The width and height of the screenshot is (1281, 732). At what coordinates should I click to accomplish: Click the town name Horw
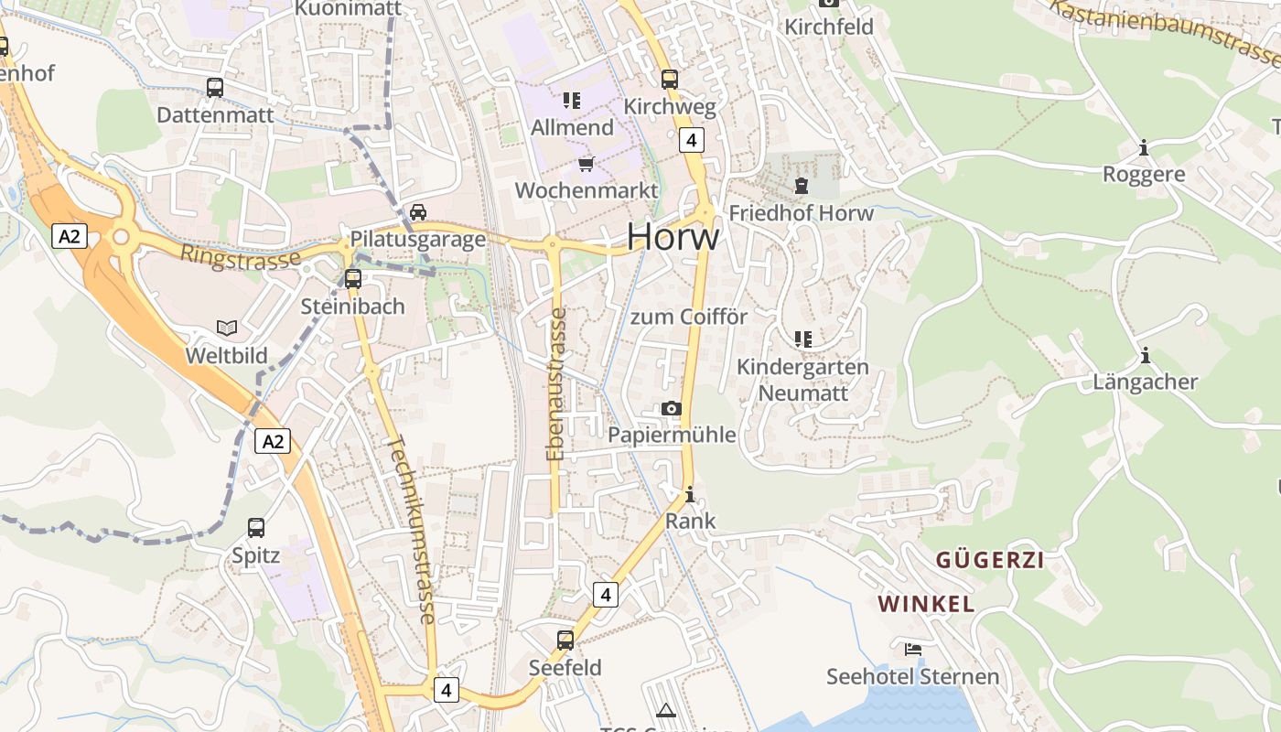673,237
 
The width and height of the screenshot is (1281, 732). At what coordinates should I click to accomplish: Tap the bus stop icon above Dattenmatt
215,88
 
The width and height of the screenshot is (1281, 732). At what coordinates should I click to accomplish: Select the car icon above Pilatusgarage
418,212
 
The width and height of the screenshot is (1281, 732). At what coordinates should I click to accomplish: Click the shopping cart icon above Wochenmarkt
587,164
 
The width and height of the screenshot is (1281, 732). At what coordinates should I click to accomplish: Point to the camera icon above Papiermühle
672,408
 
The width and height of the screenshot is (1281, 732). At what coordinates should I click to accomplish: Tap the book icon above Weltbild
227,328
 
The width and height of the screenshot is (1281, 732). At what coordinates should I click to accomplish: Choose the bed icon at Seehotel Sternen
913,650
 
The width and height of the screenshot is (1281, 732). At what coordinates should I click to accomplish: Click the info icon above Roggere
1144,147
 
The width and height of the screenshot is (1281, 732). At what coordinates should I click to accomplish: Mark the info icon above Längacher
1145,355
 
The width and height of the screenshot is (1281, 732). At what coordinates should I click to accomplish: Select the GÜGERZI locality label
990,560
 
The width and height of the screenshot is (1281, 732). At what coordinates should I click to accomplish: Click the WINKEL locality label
926,604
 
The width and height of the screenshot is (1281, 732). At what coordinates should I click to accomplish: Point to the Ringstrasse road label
241,256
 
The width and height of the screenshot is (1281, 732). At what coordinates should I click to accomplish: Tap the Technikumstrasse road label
411,528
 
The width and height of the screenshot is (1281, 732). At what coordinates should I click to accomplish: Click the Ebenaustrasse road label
555,384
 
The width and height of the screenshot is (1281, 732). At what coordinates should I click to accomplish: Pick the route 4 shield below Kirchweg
692,140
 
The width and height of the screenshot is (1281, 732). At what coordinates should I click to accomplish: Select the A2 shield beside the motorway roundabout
70,236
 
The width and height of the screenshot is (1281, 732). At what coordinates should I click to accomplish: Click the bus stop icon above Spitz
256,527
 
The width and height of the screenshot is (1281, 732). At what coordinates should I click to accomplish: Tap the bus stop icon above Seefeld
565,640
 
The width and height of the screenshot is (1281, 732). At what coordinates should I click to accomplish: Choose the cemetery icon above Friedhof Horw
802,186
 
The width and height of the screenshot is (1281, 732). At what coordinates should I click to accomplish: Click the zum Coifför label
689,317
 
